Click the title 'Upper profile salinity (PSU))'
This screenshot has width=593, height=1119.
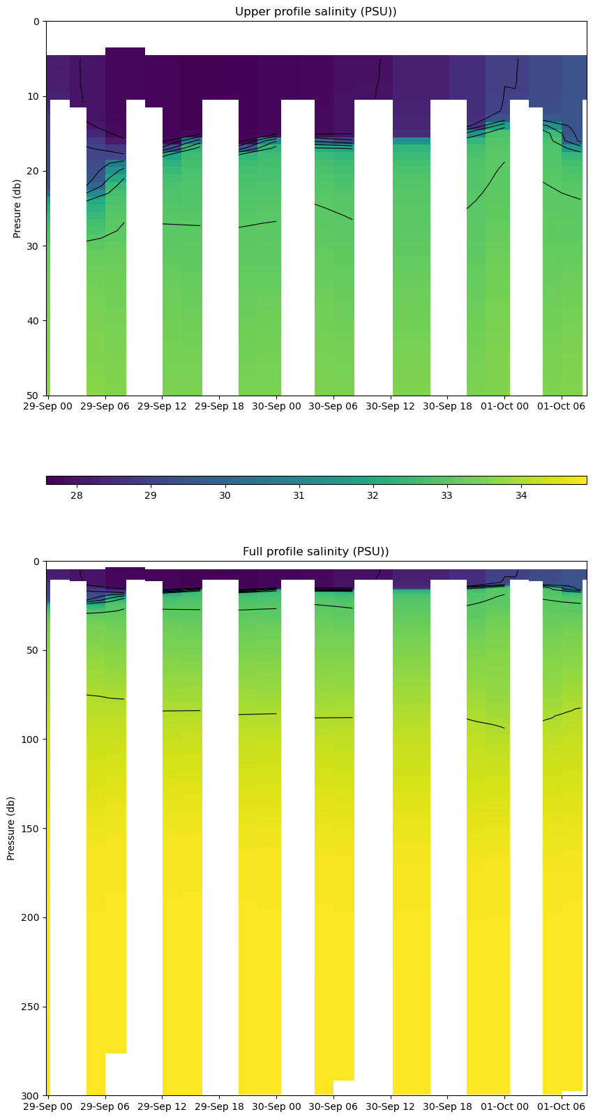tap(315, 12)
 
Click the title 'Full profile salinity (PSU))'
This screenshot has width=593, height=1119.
tap(315, 552)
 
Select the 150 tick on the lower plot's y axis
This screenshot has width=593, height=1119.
tap(31, 829)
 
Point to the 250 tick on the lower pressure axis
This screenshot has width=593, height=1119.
tap(31, 1007)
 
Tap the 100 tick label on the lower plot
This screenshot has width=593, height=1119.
tap(31, 739)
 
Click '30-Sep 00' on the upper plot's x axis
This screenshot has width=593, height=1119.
tap(276, 406)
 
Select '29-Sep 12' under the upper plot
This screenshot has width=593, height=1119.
tap(162, 406)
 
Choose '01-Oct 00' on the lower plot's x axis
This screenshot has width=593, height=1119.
tap(504, 1106)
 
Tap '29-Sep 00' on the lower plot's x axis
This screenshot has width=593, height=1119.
tap(48, 1106)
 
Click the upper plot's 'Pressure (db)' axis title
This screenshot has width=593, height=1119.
tap(17, 209)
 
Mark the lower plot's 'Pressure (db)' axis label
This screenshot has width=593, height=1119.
tap(11, 828)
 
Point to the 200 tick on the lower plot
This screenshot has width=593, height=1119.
tap(31, 918)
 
